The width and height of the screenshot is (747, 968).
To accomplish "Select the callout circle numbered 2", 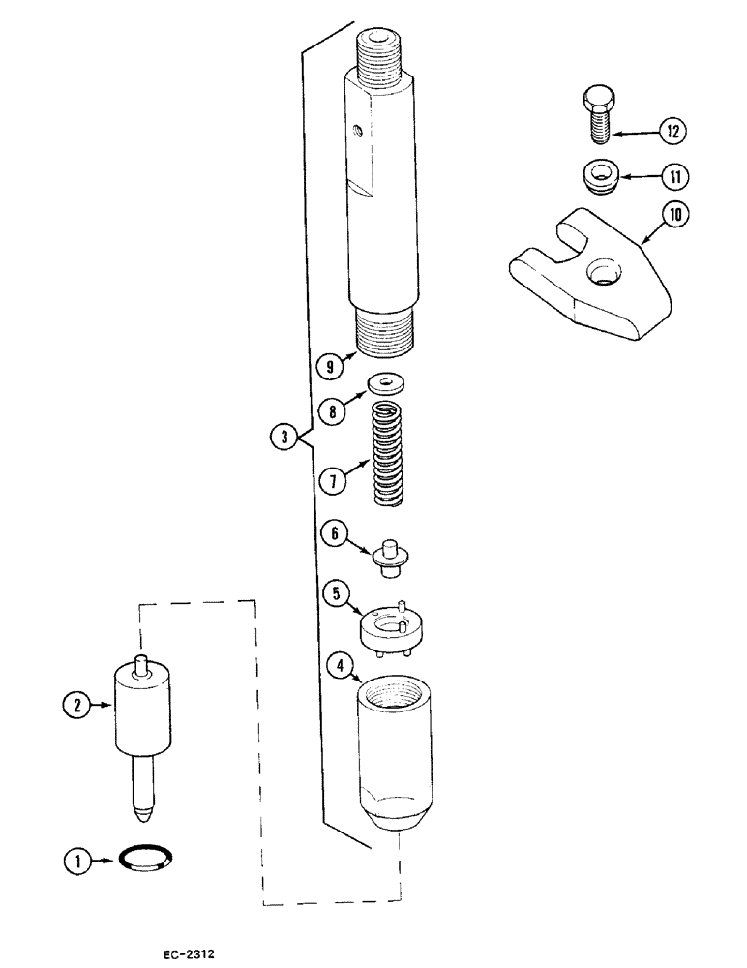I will [74, 708].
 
